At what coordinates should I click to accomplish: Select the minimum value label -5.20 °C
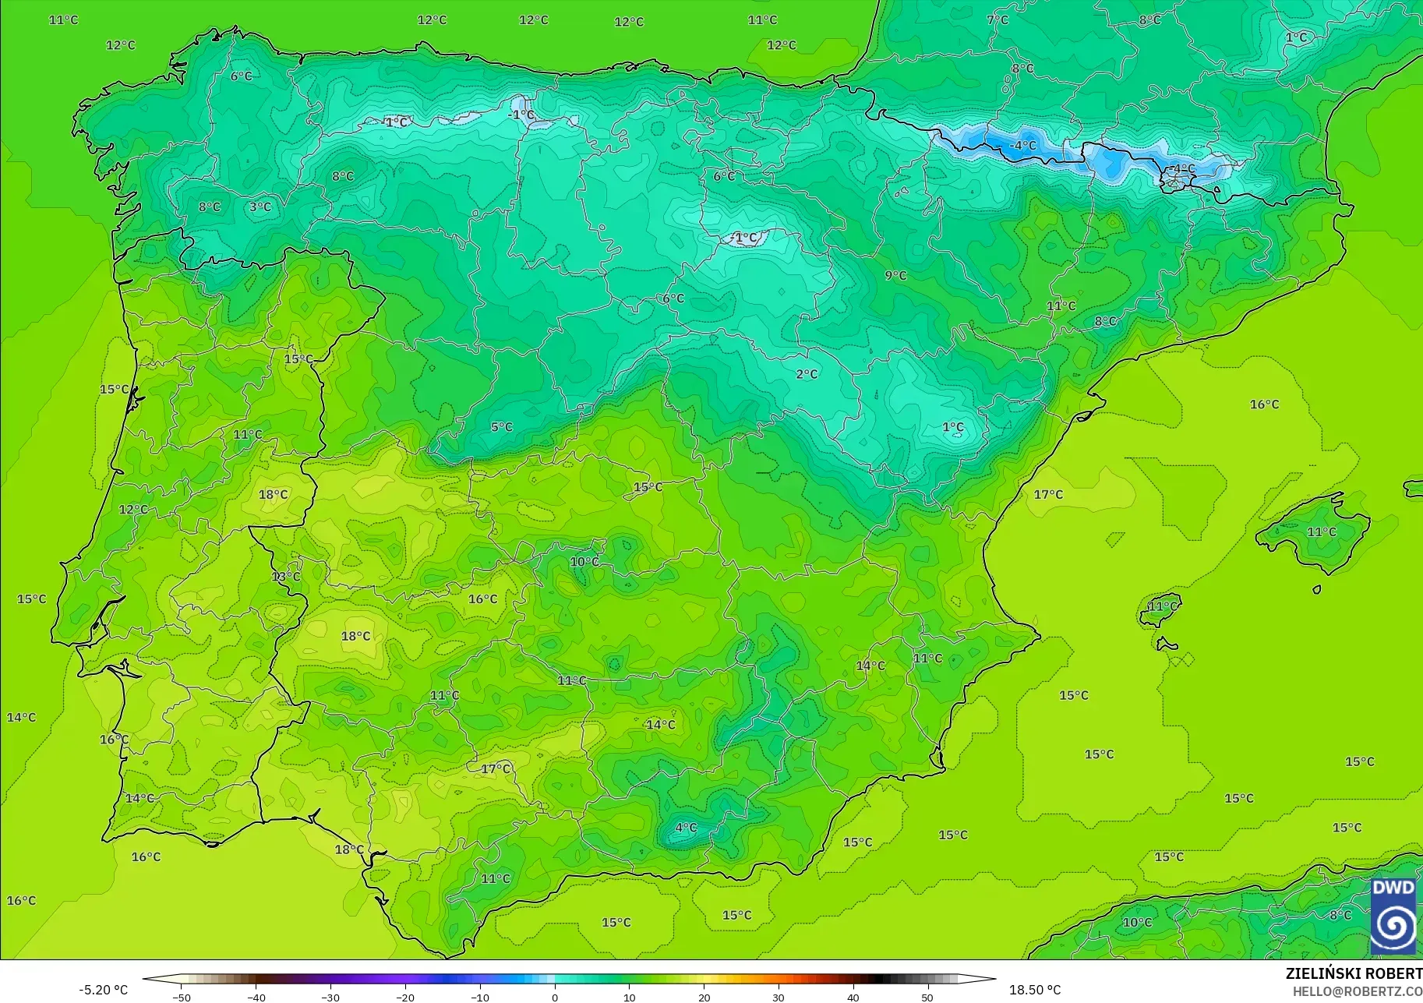pyautogui.click(x=103, y=990)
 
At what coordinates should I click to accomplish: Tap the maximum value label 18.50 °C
pyautogui.click(x=1035, y=990)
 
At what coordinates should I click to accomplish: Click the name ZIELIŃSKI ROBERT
pyautogui.click(x=1354, y=973)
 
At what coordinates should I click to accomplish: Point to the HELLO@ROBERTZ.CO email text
pyautogui.click(x=1358, y=991)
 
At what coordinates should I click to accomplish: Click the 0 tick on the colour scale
pyautogui.click(x=555, y=997)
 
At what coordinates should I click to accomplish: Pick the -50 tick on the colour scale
pyautogui.click(x=181, y=997)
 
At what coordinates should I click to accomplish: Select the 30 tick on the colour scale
pyautogui.click(x=779, y=997)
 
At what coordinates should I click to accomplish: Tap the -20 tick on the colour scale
pyautogui.click(x=405, y=997)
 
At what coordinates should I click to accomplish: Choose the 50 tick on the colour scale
pyautogui.click(x=927, y=997)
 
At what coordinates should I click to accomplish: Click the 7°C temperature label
pyautogui.click(x=998, y=19)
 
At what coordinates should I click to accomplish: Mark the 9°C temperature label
pyautogui.click(x=895, y=275)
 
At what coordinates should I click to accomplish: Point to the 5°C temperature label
pyautogui.click(x=502, y=426)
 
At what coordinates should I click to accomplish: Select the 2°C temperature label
pyautogui.click(x=807, y=374)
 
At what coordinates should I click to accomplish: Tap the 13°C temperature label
pyautogui.click(x=286, y=576)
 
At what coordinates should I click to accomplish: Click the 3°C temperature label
pyautogui.click(x=260, y=207)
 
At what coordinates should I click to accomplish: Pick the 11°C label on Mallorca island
pyautogui.click(x=1322, y=532)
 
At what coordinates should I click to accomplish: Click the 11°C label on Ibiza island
pyautogui.click(x=1163, y=606)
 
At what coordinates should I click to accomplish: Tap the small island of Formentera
pyautogui.click(x=1166, y=645)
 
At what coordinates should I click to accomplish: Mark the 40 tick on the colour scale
pyautogui.click(x=853, y=997)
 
